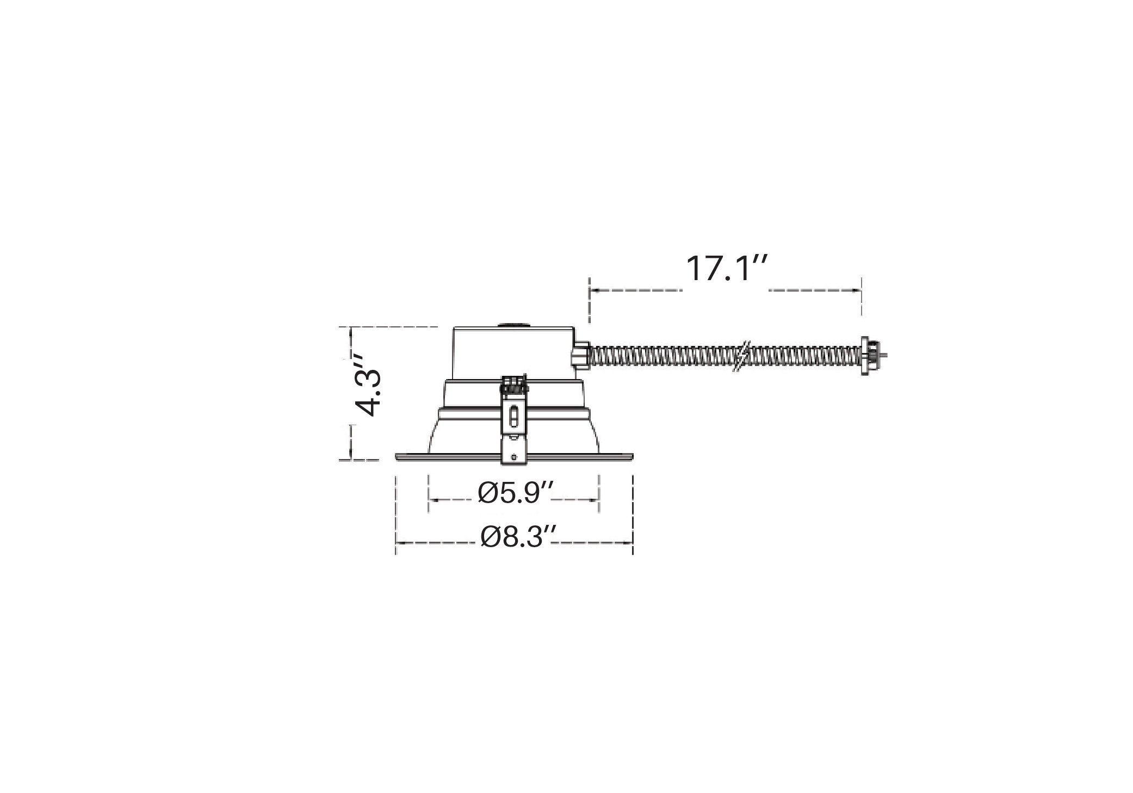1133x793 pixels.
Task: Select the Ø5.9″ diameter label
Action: click(x=516, y=493)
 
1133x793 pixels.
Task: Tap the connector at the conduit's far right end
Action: click(x=869, y=356)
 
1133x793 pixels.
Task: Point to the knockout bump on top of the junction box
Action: click(x=514, y=325)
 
